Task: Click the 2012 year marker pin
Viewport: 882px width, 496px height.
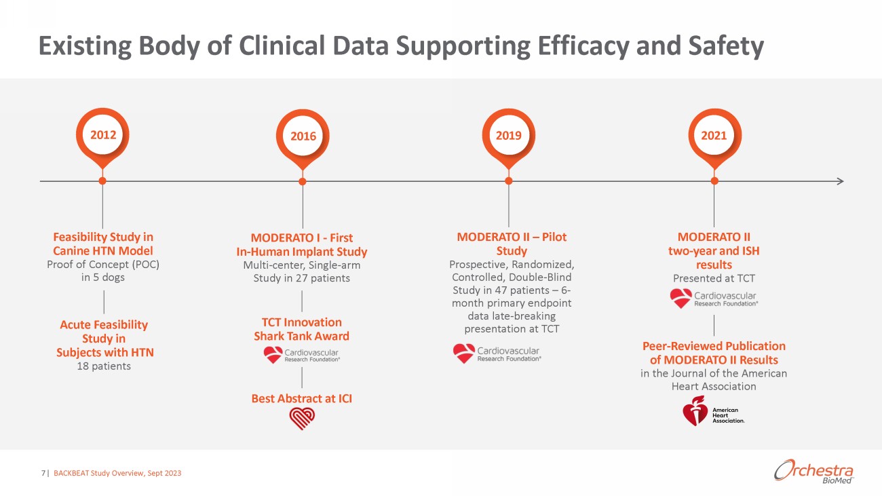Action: [103, 135]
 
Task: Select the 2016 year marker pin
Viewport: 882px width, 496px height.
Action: [303, 136]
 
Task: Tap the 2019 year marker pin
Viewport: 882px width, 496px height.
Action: [508, 135]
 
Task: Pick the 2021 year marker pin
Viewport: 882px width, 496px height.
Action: [714, 135]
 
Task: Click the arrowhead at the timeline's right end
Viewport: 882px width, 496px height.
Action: [840, 181]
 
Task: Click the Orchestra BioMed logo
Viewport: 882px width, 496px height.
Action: [813, 472]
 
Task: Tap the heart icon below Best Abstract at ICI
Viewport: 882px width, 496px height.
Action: [302, 419]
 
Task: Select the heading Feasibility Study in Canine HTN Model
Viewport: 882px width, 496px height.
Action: [103, 244]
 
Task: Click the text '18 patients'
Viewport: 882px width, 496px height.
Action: [104, 366]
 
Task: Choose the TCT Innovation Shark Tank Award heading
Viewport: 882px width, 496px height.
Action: [301, 329]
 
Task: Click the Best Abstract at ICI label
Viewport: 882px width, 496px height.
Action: [302, 398]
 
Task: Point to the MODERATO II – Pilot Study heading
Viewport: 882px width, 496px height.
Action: [512, 244]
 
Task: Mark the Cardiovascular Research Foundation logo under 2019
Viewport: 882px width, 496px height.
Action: [497, 354]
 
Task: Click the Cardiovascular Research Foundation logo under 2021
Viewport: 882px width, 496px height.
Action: [713, 299]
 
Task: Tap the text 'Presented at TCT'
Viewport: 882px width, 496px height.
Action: [714, 278]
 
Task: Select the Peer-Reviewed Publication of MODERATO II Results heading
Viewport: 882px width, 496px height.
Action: [714, 353]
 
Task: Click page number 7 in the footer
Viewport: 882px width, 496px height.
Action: [43, 473]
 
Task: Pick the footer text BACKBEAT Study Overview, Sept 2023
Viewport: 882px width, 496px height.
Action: [117, 473]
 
